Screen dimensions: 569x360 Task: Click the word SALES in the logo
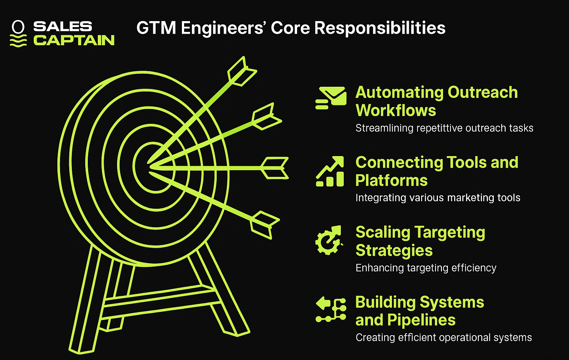click(x=63, y=26)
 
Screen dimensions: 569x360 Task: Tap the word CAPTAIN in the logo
click(x=74, y=40)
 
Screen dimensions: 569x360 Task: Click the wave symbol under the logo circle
click(x=18, y=41)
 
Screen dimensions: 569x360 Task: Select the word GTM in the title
click(x=156, y=28)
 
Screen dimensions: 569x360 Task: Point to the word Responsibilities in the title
click(x=380, y=28)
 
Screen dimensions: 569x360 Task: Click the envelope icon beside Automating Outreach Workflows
click(x=331, y=98)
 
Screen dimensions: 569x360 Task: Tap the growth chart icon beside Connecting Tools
click(x=330, y=171)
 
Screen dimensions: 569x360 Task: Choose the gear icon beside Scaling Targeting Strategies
click(x=329, y=240)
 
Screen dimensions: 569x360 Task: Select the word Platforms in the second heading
click(x=392, y=181)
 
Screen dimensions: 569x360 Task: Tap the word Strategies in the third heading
click(x=394, y=251)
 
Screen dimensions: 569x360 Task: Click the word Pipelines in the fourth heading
click(x=422, y=320)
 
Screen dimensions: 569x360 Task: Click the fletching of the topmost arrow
click(x=242, y=71)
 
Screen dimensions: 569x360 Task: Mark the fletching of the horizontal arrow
click(x=274, y=168)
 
